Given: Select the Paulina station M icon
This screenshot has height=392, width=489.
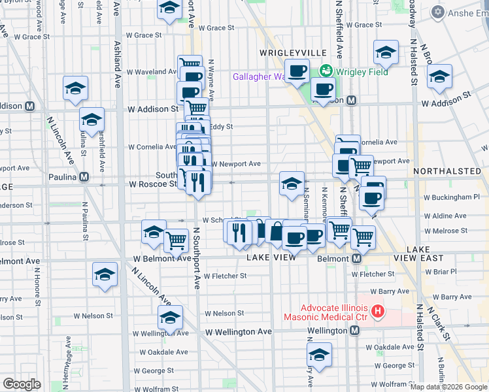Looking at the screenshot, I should (84, 176).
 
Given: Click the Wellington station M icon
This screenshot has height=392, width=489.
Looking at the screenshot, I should (354, 331).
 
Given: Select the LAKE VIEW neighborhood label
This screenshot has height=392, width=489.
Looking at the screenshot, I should (273, 257).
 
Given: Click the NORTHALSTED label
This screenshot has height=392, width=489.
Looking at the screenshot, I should (447, 171).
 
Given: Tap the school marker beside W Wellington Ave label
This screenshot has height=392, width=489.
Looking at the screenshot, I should (169, 318).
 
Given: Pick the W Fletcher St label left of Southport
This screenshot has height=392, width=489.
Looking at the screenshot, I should (224, 276).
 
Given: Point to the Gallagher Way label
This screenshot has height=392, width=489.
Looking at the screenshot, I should (260, 76).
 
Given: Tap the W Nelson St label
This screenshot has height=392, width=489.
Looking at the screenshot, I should (224, 314).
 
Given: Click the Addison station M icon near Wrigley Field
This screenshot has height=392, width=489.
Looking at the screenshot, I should (351, 101).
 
